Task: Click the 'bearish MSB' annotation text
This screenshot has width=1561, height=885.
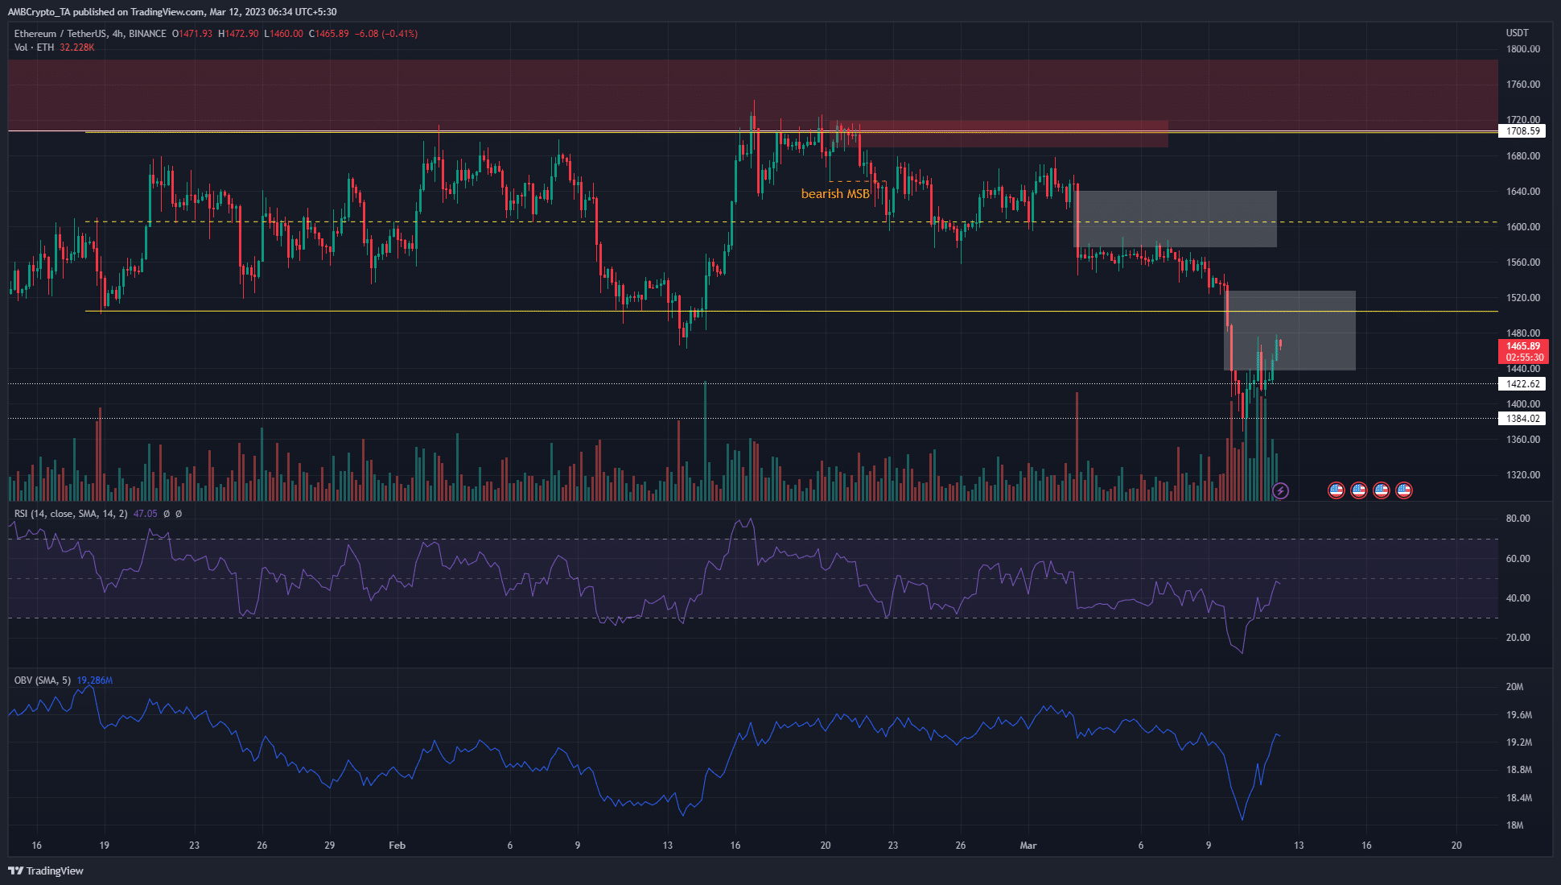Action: (x=835, y=194)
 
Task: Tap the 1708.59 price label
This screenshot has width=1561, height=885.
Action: (x=1522, y=131)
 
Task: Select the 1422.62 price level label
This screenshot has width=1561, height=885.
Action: (x=1522, y=384)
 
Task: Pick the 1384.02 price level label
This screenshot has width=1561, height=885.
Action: (x=1522, y=419)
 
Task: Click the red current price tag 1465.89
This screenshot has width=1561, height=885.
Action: (x=1523, y=346)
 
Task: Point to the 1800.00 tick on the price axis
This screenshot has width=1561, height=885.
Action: (x=1522, y=49)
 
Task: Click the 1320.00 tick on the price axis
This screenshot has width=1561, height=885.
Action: (x=1522, y=475)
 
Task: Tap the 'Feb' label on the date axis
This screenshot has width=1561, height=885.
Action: (x=397, y=846)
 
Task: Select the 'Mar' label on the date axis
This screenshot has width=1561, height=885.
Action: (x=1028, y=846)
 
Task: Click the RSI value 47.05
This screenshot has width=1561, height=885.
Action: (x=145, y=514)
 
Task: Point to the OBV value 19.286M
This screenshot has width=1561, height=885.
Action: (x=95, y=680)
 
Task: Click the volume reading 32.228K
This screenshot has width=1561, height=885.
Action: (x=77, y=48)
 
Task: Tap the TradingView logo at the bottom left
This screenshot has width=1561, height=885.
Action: (x=46, y=871)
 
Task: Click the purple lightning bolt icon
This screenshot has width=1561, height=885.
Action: (x=1280, y=490)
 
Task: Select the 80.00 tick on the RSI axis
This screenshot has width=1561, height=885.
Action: (x=1518, y=519)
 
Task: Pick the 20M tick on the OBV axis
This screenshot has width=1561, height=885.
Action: (x=1514, y=687)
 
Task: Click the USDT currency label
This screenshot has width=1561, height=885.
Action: (x=1517, y=33)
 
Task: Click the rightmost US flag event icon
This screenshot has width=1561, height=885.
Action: (x=1404, y=490)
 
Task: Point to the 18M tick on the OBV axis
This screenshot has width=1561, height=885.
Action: (x=1514, y=825)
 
